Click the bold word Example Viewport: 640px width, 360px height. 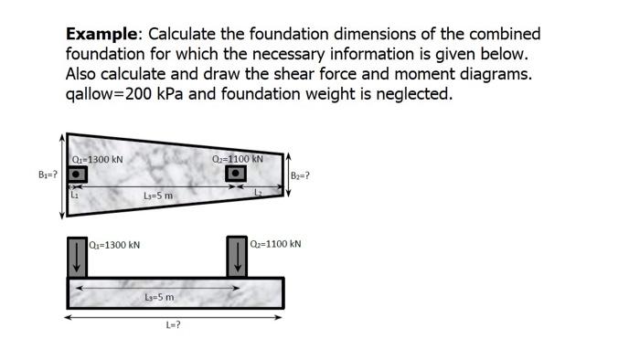pos(101,34)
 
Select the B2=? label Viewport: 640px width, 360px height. pos(300,175)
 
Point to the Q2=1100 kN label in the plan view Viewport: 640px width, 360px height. pos(237,158)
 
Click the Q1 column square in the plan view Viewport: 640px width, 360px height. pos(79,174)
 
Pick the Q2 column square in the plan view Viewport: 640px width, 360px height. pos(236,173)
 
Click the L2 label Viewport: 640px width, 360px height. pos(259,192)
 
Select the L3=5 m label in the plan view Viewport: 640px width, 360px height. pos(158,196)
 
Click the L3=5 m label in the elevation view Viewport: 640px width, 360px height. pos(159,297)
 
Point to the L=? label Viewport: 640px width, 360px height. pos(172,325)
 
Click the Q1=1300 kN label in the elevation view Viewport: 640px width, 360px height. pos(116,245)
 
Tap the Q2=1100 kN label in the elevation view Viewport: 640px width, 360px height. pos(275,244)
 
